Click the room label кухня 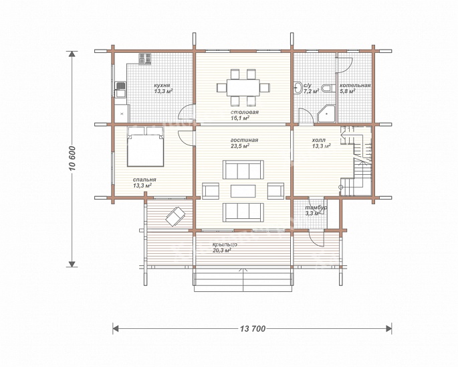[162, 86]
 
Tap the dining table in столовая [243, 88]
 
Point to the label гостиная [244, 140]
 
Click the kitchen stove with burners [145, 59]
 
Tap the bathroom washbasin [298, 88]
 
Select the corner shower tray [326, 114]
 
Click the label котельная [355, 85]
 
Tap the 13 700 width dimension [252, 329]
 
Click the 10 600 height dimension [72, 158]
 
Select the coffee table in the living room [243, 191]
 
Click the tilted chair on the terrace [176, 216]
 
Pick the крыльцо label [225, 244]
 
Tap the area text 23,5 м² [240, 146]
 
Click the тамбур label [316, 208]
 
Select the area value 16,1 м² [240, 119]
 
